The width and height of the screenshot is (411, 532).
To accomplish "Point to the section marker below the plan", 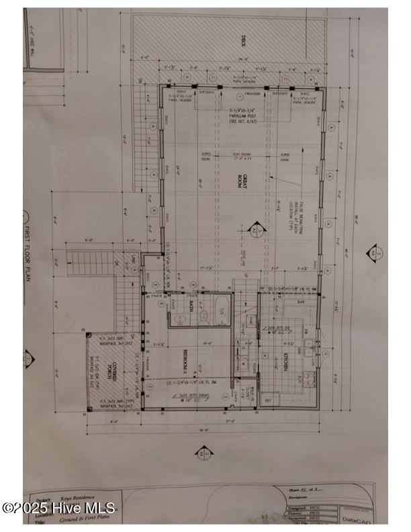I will [x=201, y=453].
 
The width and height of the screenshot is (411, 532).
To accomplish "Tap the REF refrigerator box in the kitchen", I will [x=268, y=400].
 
